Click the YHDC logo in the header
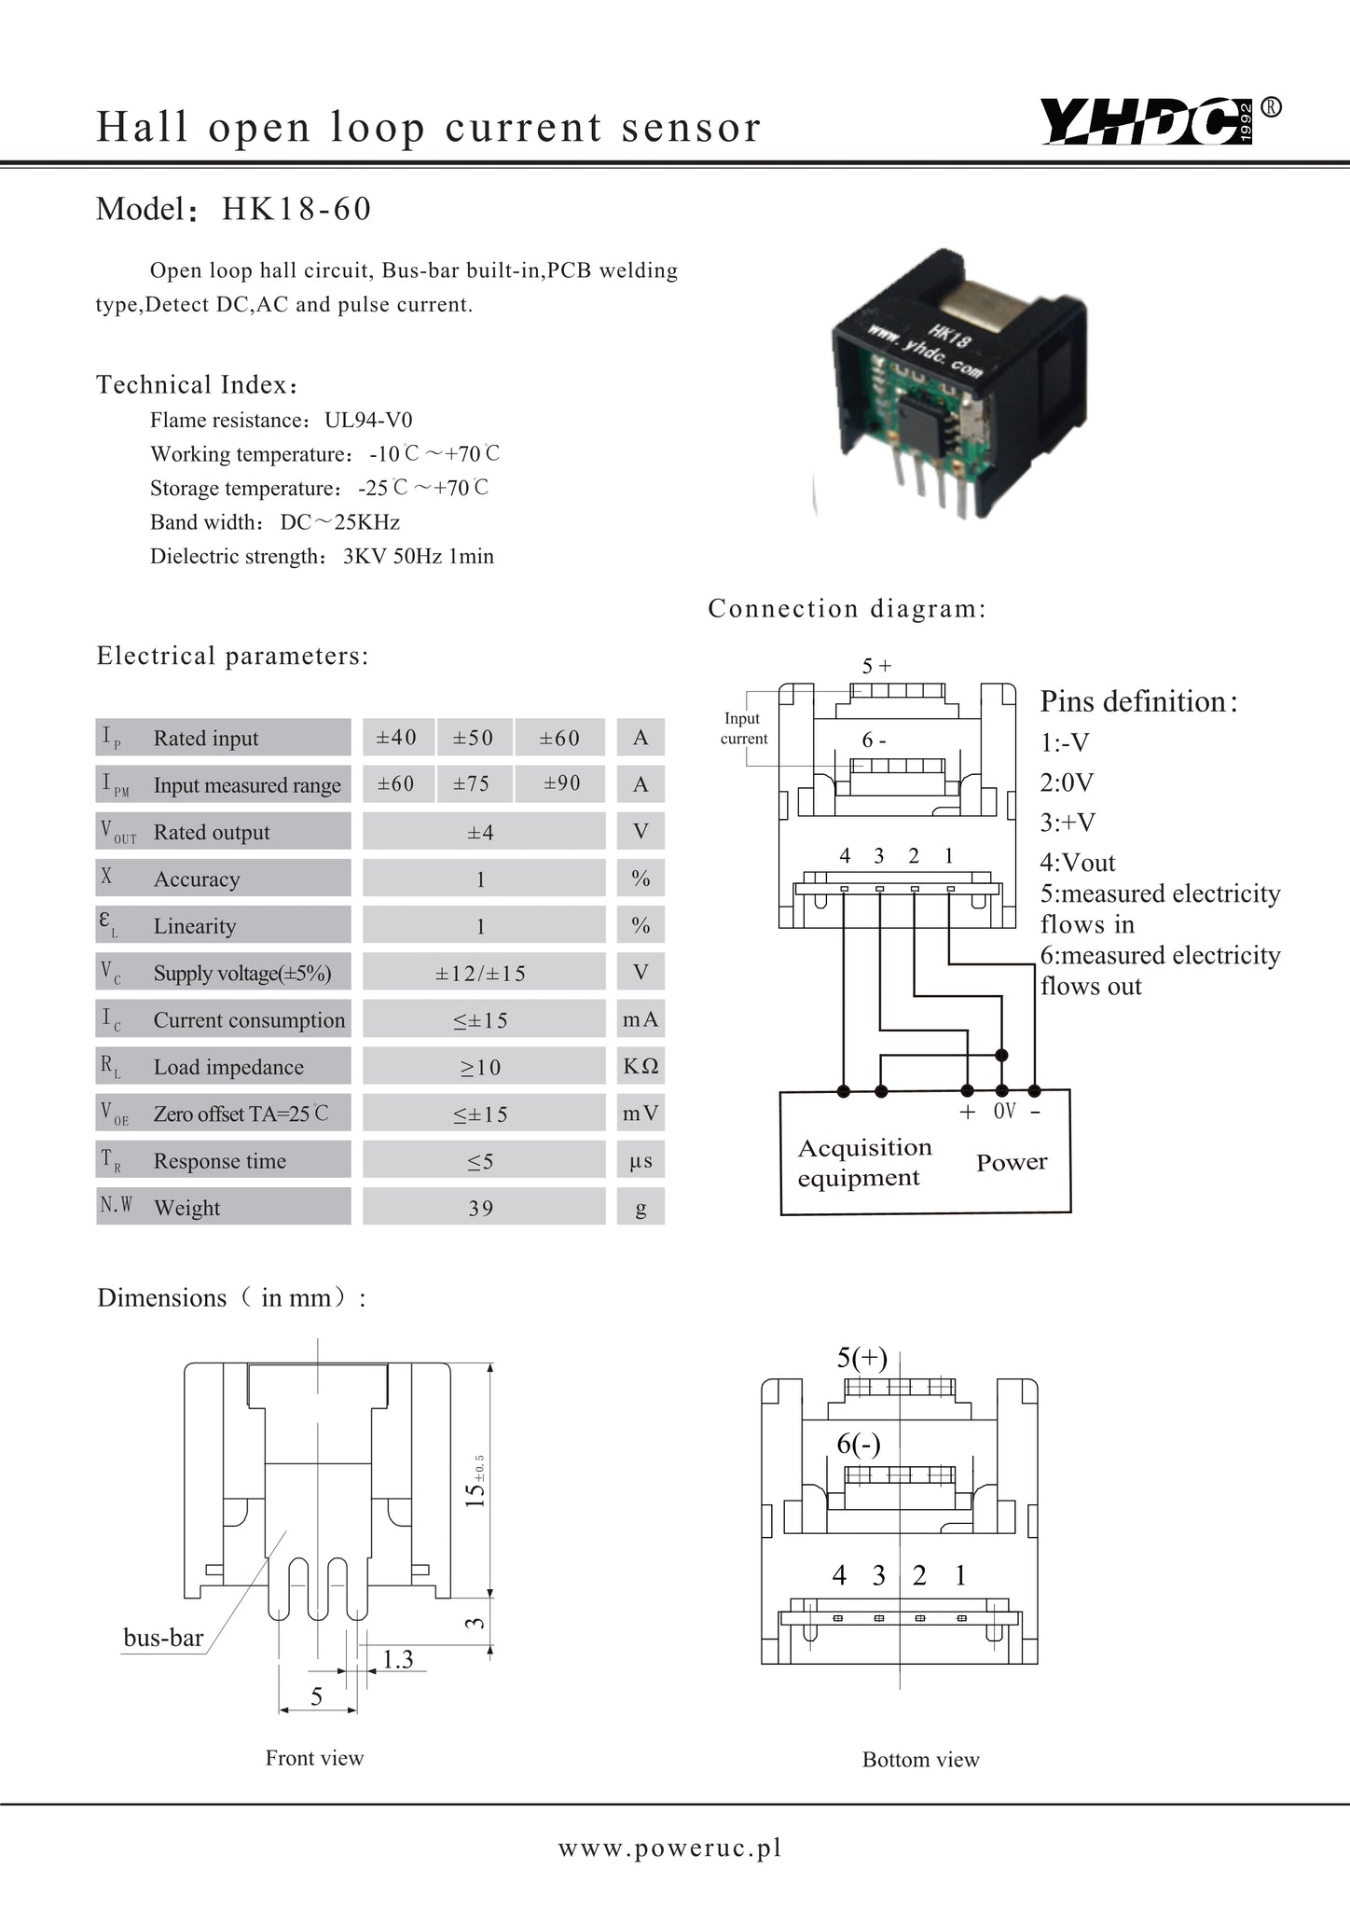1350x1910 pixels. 1160,121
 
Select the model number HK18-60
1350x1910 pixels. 296,209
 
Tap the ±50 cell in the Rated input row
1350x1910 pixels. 473,738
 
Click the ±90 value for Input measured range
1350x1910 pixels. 561,783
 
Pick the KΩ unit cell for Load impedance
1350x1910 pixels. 641,1066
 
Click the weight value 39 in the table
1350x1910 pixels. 481,1208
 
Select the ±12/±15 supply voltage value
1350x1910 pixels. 481,973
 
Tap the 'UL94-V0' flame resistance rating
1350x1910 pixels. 368,420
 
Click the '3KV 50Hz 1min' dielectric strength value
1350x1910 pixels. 419,557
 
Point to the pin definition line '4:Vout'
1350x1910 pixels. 1078,863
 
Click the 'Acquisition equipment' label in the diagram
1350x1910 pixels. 864,1162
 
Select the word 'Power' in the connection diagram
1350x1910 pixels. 1012,1162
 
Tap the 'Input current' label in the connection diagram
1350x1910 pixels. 743,728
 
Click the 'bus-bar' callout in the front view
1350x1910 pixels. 163,1638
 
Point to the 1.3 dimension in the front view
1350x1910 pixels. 398,1658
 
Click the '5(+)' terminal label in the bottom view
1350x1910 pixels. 861,1358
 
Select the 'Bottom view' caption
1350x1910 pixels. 921,1760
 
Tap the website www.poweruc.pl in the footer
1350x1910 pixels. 670,1848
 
